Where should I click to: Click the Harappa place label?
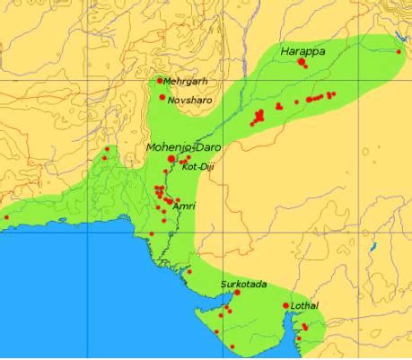coord(303,52)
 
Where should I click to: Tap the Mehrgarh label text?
coord(186,81)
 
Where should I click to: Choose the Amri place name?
coord(184,206)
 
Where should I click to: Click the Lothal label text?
coord(305,306)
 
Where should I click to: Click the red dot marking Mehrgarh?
coord(160,81)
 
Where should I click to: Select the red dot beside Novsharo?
coord(162,97)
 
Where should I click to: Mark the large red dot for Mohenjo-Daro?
coord(171,158)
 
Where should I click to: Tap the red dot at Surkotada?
coord(237,293)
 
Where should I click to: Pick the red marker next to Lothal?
coord(286,306)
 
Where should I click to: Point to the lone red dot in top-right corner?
coord(399,52)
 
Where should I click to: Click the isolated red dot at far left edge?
coord(7,216)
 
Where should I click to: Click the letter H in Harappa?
coord(285,52)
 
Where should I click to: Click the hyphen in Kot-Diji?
coord(196,167)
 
